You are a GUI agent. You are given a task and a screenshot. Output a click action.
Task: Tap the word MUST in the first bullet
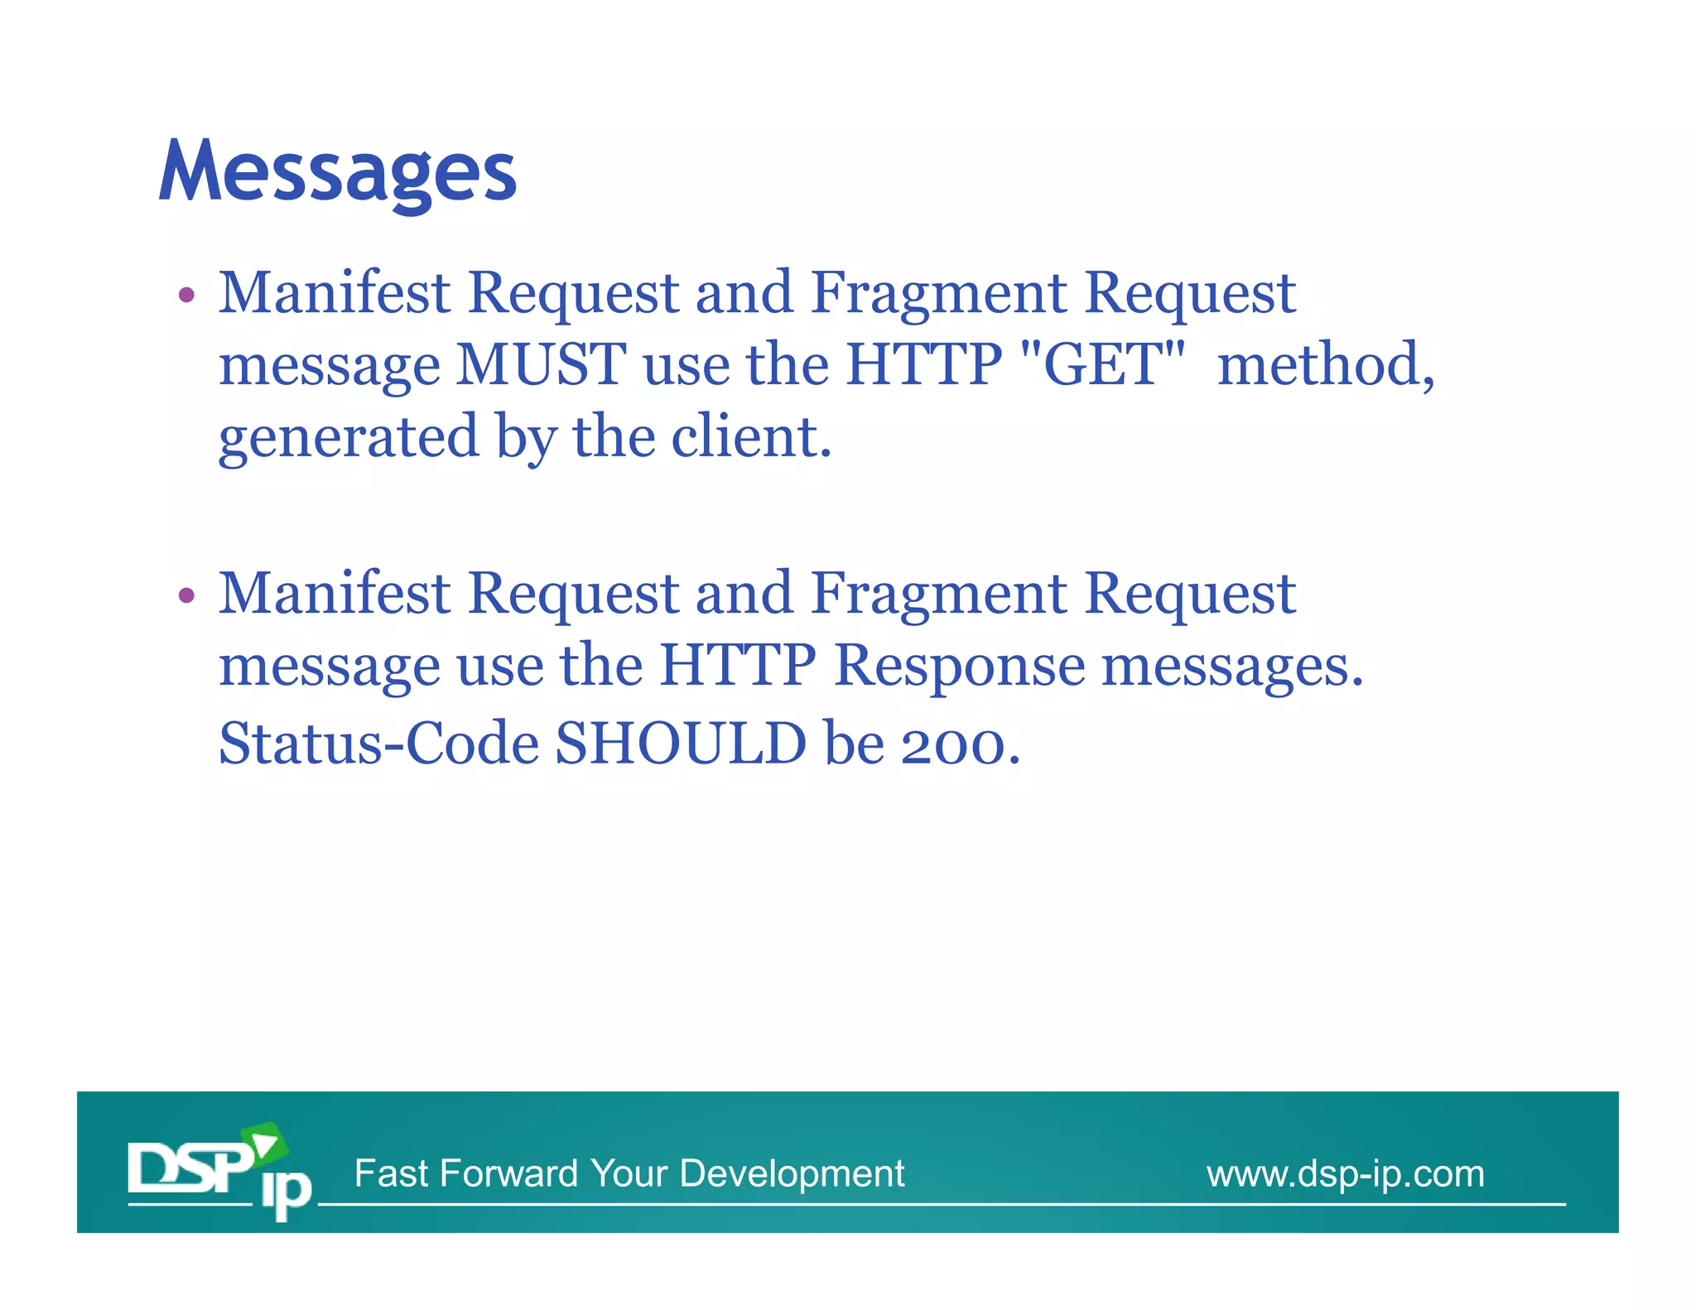tap(542, 364)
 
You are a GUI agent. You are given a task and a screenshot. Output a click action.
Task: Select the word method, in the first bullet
tap(1326, 364)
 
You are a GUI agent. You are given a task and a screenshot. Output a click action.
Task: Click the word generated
tap(349, 438)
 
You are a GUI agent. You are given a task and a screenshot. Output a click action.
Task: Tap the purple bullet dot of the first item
tap(187, 295)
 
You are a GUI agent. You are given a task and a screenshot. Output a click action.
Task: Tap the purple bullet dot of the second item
tap(187, 595)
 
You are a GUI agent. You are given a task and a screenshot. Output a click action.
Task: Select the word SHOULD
tap(680, 743)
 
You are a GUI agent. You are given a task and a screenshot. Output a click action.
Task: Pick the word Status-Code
tap(378, 743)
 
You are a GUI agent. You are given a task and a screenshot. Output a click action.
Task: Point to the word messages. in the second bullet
tap(1231, 667)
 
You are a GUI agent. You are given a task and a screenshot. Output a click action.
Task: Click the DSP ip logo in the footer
tap(219, 1172)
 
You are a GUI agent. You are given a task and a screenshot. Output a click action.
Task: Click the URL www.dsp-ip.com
tap(1345, 1173)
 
